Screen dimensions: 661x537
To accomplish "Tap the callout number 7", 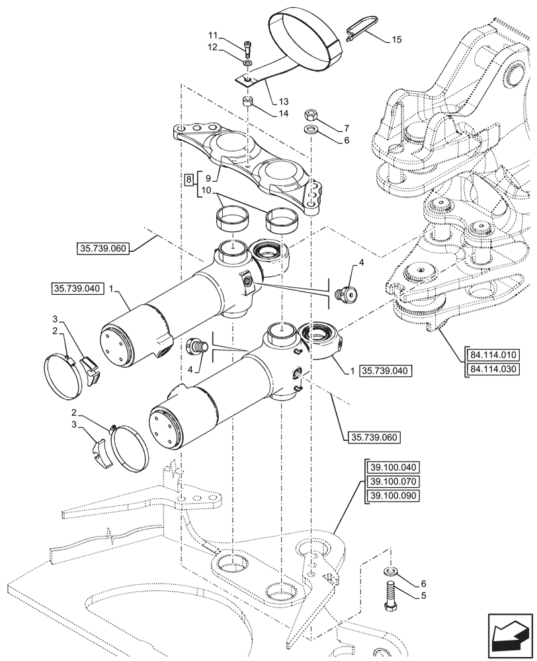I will pyautogui.click(x=346, y=128).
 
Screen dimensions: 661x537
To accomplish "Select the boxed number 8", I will pyautogui.click(x=189, y=179).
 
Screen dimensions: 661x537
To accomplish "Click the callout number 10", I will pyautogui.click(x=206, y=190).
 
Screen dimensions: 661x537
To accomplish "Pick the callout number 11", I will pyautogui.click(x=212, y=34).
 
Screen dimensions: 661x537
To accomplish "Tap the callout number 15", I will pyautogui.click(x=396, y=40).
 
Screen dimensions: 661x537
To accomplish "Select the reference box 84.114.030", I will pyautogui.click(x=492, y=369).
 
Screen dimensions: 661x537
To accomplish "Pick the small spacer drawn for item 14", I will pyautogui.click(x=247, y=102).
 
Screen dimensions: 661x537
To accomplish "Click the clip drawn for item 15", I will pyautogui.click(x=357, y=26).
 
